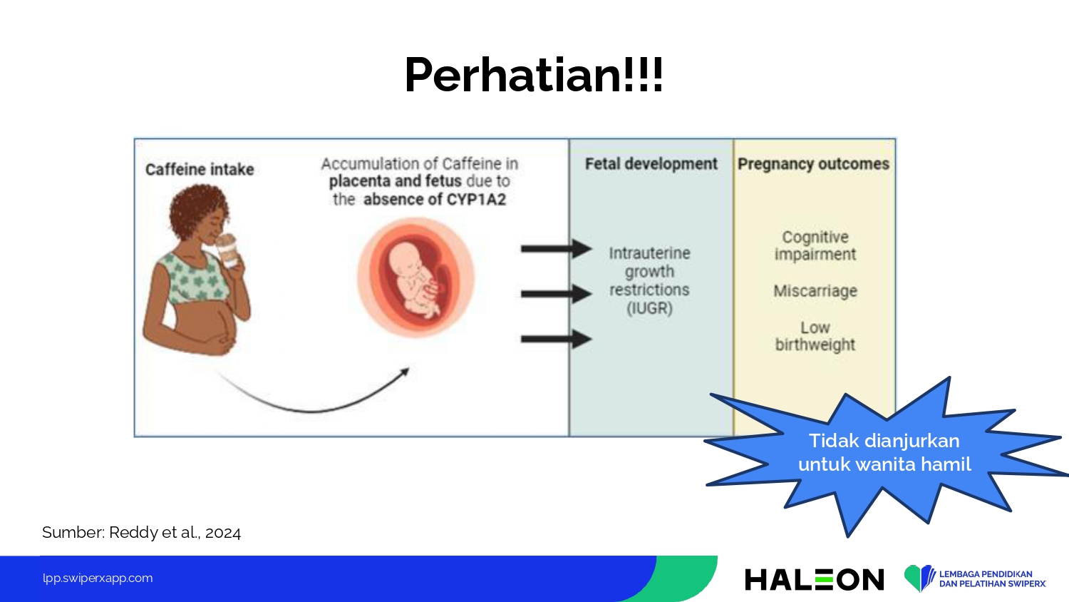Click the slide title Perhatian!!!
534,75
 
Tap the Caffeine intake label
200,169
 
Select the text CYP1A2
476,199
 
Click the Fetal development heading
651,164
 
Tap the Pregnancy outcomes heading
813,164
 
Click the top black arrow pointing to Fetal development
557,248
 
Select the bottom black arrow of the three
557,339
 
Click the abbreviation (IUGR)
649,307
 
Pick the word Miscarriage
815,290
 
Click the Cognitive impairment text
815,245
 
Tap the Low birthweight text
815,336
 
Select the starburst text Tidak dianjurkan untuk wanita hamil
884,452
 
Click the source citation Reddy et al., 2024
175,532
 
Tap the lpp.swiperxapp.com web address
98,578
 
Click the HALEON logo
814,579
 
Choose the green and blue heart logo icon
919,578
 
